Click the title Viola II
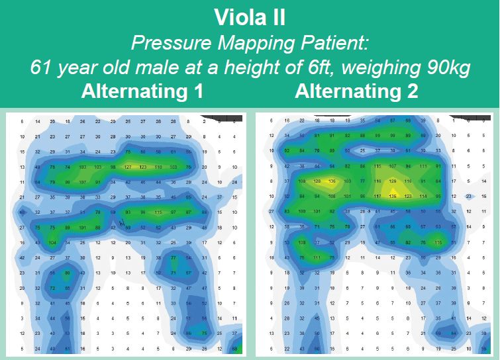pos(250,17)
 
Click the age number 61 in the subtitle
pos(42,67)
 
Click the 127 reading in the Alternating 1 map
pos(128,167)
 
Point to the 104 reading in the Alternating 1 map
pos(52,243)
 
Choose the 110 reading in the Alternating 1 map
pos(158,167)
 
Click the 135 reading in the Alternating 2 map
pos(393,196)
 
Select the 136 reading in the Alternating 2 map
pos(332,181)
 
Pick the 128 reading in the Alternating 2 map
pos(317,181)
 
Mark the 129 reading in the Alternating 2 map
pos(393,181)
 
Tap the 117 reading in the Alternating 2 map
pos(377,196)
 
